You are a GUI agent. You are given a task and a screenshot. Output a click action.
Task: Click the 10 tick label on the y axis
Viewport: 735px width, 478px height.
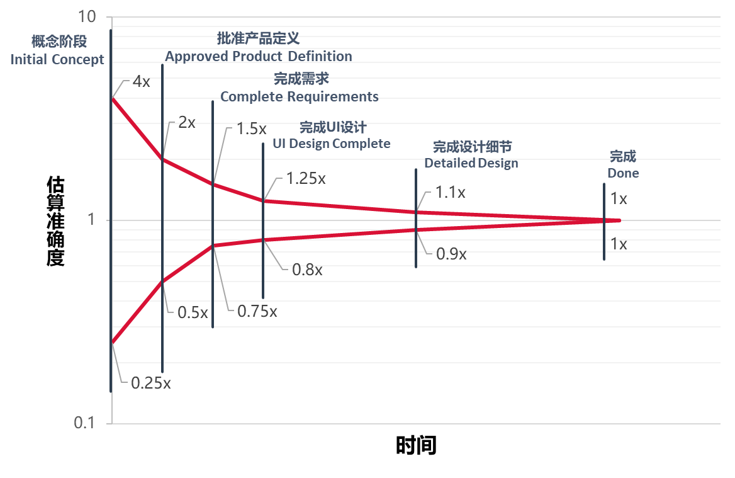[x=86, y=17]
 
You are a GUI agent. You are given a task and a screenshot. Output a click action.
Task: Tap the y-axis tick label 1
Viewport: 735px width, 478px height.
[x=91, y=220]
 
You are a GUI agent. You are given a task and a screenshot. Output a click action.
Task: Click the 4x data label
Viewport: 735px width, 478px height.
[x=141, y=82]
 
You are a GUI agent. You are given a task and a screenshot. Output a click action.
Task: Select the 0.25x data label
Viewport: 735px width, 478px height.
[x=150, y=383]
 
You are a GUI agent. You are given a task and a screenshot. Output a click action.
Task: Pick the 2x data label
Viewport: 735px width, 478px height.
[x=187, y=122]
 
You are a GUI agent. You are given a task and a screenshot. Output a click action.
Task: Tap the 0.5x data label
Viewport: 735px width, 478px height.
[x=193, y=312]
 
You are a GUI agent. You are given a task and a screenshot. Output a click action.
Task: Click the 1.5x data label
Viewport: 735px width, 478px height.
[x=252, y=130]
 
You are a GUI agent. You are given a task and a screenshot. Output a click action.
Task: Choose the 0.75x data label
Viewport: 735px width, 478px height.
[x=257, y=311]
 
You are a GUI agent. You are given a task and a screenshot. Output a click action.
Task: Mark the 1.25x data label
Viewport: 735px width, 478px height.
[x=306, y=178]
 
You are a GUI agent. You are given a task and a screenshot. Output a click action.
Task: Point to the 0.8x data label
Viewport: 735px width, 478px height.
[x=307, y=270]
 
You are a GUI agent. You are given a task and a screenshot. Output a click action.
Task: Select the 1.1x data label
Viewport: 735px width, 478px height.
[x=450, y=192]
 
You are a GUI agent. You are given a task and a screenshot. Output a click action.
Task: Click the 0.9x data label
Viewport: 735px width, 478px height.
[x=451, y=254]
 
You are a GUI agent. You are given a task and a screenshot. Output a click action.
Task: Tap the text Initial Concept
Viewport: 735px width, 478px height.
[x=57, y=60]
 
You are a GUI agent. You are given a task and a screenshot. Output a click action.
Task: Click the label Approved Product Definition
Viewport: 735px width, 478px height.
[x=259, y=57]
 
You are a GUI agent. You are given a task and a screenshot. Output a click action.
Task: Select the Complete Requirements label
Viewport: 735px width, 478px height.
[x=299, y=97]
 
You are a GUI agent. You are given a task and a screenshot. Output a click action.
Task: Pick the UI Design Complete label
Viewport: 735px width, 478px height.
[x=331, y=144]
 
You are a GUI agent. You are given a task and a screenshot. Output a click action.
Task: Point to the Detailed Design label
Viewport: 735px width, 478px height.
[x=471, y=163]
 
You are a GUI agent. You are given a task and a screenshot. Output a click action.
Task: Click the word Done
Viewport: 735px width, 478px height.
[x=623, y=173]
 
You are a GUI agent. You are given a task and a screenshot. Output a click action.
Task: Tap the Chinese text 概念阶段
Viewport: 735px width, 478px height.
[x=59, y=42]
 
